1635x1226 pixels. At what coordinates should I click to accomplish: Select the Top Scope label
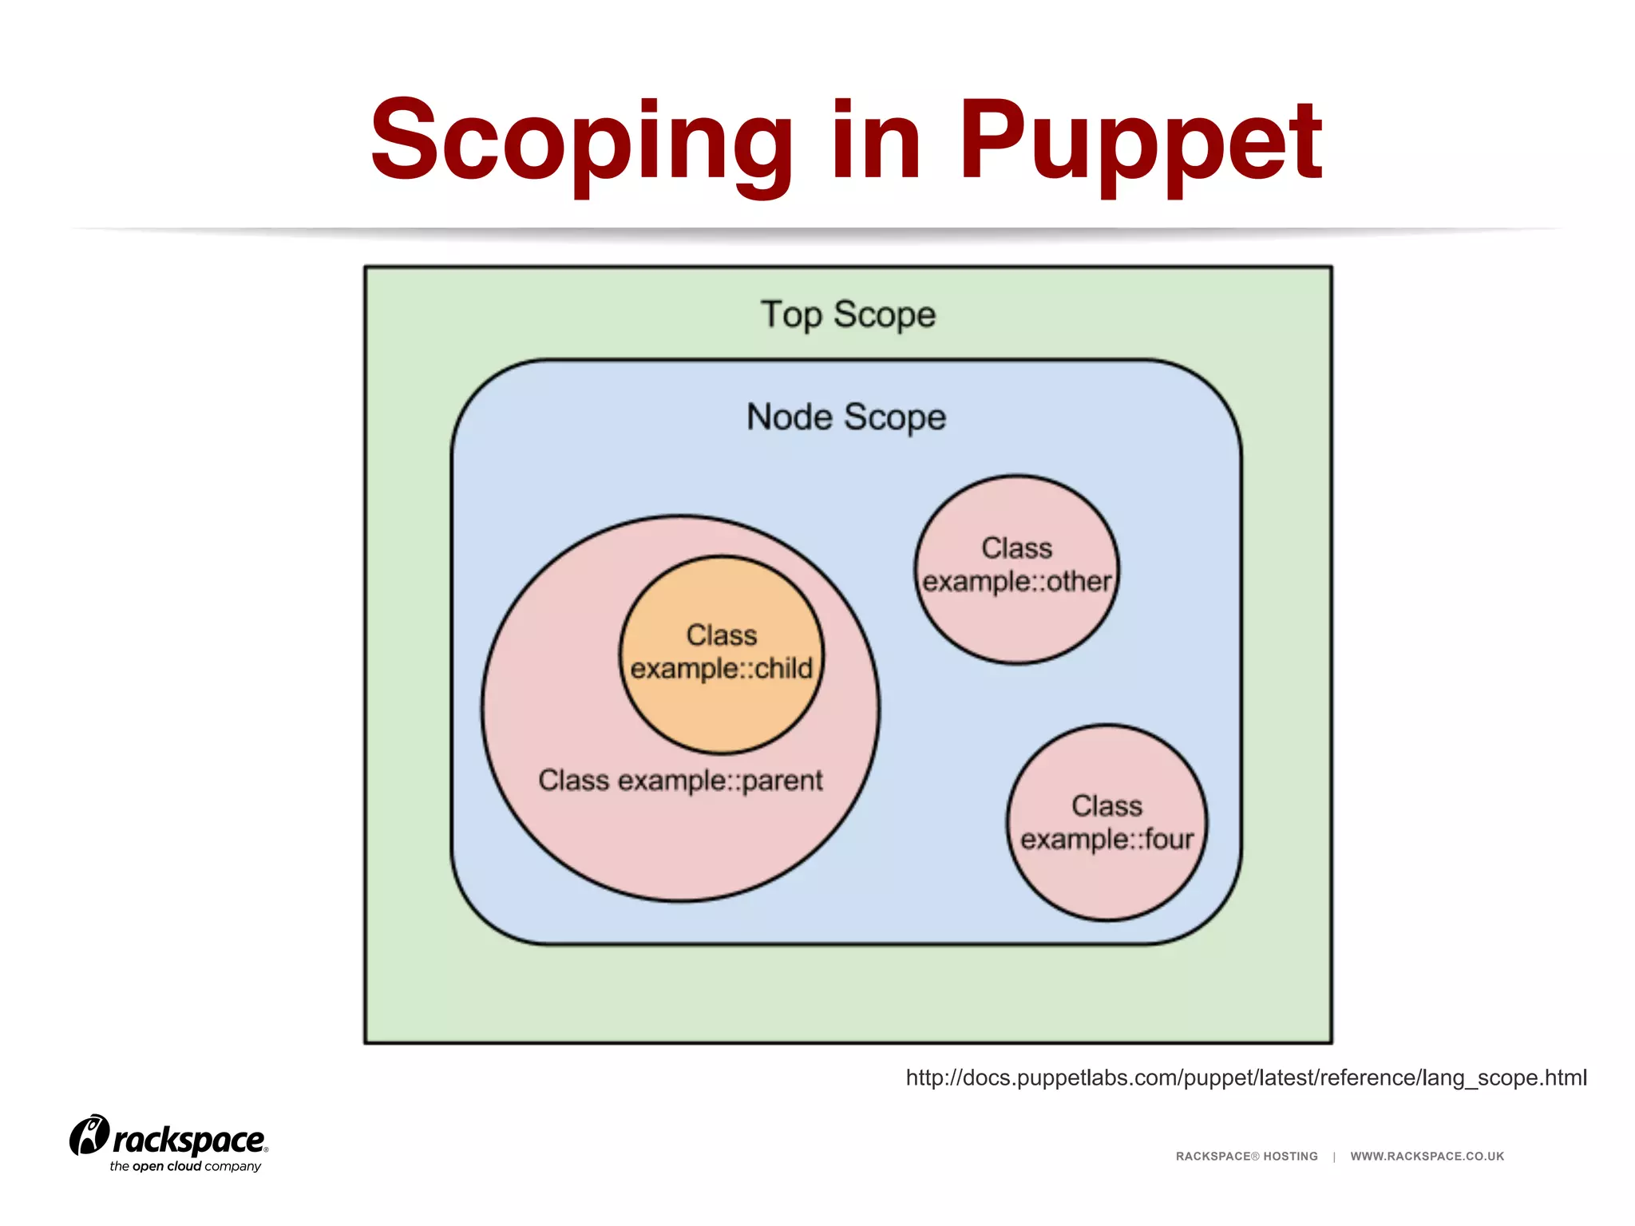tap(848, 314)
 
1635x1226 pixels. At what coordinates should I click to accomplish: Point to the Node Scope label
tap(846, 417)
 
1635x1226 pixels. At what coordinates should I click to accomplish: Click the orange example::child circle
tap(722, 702)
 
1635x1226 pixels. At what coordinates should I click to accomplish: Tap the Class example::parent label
tap(680, 780)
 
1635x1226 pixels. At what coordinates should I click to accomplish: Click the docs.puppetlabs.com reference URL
tap(1245, 1078)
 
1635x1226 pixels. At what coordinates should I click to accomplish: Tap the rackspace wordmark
tap(188, 1140)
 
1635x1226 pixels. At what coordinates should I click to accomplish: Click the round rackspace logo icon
tap(89, 1135)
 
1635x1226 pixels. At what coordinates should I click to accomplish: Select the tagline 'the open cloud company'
tap(185, 1166)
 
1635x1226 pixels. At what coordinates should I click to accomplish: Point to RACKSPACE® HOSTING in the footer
tap(1246, 1156)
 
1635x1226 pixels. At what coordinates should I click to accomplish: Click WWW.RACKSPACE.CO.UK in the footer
tap(1427, 1156)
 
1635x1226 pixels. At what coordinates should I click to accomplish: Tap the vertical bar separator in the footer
tap(1334, 1156)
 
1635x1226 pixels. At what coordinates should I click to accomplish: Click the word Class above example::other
tap(1016, 548)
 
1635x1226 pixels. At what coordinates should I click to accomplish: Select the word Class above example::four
tap(1106, 805)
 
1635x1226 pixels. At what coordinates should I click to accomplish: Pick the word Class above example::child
tap(722, 635)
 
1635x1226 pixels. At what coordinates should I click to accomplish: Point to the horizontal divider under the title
tap(817, 231)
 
